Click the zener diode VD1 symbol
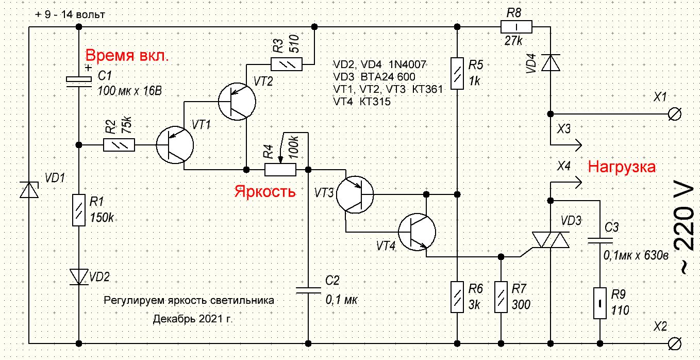(x=29, y=190)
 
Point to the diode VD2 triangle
(x=79, y=277)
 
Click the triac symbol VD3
(x=551, y=240)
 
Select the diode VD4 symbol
(x=551, y=62)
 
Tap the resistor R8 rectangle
(x=516, y=27)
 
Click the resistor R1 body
(x=79, y=210)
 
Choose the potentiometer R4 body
(x=280, y=170)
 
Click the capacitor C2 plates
(x=308, y=290)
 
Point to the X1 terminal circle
(x=674, y=114)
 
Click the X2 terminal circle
(x=674, y=343)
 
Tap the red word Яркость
(x=264, y=191)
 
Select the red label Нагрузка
(x=622, y=167)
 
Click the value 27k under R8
(x=513, y=41)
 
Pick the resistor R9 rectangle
(x=600, y=303)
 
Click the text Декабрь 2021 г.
(x=193, y=319)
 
